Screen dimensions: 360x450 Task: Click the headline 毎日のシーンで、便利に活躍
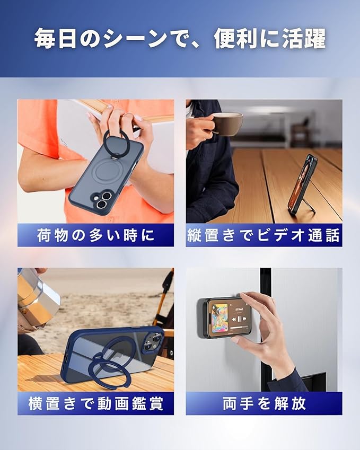[x=180, y=39]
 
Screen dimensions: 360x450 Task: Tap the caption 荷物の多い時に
[x=95, y=235]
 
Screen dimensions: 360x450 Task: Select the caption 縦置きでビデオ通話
[x=264, y=235]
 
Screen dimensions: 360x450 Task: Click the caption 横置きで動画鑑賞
[x=95, y=403]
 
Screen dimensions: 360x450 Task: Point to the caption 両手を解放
[x=264, y=403]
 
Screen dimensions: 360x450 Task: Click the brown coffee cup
[x=228, y=123]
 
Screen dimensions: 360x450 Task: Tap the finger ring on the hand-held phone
[x=115, y=140]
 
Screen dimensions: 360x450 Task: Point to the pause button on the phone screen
[x=240, y=319]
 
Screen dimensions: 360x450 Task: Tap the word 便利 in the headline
[x=235, y=39]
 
